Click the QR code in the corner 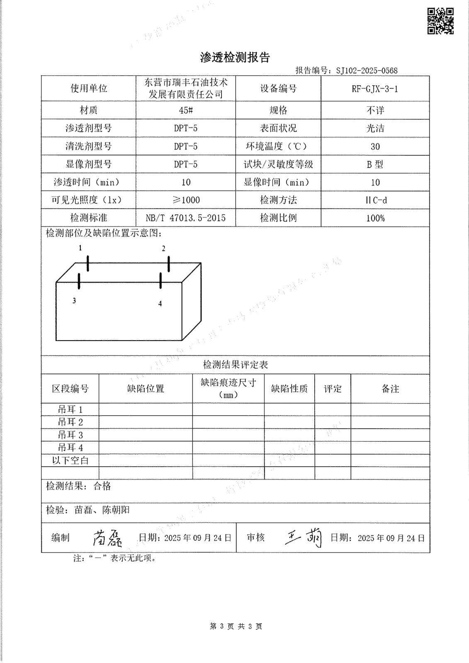(x=440, y=21)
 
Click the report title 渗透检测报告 (x=235, y=58)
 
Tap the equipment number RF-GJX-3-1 (x=375, y=89)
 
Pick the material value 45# (x=186, y=110)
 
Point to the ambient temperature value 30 (x=375, y=146)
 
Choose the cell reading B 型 (x=375, y=164)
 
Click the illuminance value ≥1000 (x=186, y=200)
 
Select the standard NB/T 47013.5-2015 (x=186, y=218)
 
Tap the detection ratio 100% (x=375, y=218)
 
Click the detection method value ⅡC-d (x=375, y=200)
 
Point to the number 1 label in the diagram (x=80, y=248)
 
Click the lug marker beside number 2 (x=169, y=264)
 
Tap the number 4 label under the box (x=160, y=304)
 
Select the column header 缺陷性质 (x=289, y=389)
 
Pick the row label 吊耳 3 (x=70, y=435)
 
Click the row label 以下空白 (x=70, y=460)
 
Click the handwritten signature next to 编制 (x=107, y=538)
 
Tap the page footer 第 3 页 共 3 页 (x=236, y=626)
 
